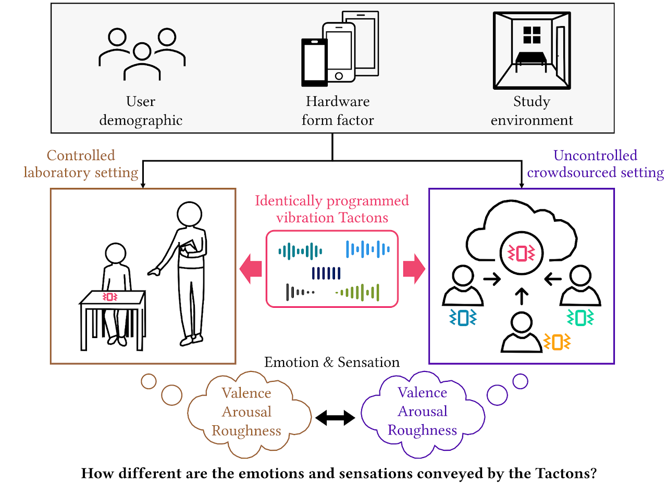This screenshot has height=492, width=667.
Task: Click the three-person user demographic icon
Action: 142,55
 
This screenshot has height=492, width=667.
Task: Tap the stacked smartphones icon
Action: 340,48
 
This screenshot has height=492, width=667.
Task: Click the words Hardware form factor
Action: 338,111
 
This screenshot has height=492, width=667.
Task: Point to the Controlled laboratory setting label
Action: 81,163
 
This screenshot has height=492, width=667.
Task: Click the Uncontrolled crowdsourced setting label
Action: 595,164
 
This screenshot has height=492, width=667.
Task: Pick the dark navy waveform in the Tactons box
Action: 326,273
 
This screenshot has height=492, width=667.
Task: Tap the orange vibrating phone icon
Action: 557,342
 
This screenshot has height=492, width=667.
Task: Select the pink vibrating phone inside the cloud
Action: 521,253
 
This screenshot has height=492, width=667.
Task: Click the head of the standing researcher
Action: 189,214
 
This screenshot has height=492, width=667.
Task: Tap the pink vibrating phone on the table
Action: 110,296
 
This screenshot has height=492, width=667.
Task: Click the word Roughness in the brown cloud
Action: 246,431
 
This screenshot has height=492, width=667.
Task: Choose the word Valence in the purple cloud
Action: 422,392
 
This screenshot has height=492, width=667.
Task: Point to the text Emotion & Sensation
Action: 332,362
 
